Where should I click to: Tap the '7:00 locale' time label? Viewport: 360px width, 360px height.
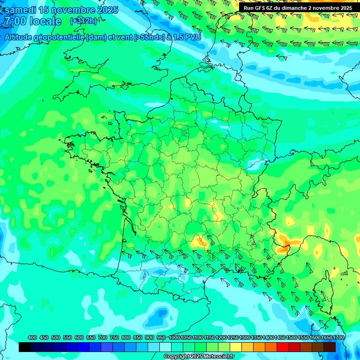click(x=32, y=22)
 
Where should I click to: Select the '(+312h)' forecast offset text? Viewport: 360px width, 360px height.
click(x=83, y=21)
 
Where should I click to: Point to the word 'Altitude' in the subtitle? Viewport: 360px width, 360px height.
click(x=21, y=37)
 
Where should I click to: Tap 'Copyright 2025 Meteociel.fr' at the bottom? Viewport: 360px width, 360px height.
click(x=199, y=357)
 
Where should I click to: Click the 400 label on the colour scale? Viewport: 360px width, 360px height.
click(x=32, y=337)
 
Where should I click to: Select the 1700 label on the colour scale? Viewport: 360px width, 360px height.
click(x=338, y=337)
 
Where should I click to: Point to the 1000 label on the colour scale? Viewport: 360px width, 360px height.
click(x=174, y=337)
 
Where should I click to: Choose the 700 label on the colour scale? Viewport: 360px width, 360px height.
click(x=103, y=337)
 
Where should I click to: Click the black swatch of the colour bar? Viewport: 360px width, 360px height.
click(x=25, y=347)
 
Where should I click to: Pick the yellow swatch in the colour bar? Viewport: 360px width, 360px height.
click(x=236, y=347)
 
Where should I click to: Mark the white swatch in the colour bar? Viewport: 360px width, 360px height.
click(x=165, y=347)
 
